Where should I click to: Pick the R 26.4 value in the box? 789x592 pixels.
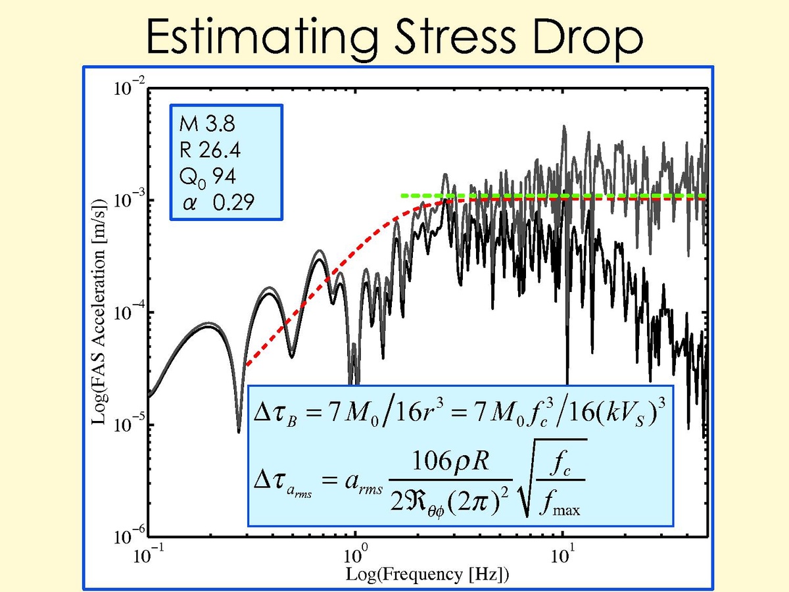209,151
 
